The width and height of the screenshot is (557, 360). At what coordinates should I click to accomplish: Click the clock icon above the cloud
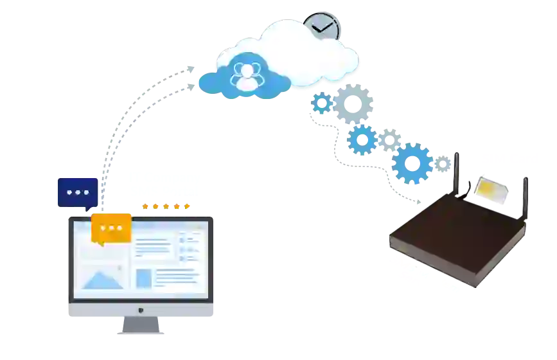[321, 28]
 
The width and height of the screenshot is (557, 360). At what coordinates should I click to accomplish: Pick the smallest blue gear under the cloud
[321, 103]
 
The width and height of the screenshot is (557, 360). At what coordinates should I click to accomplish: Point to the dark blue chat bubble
[77, 192]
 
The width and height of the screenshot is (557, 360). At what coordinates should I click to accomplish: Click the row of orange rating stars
[165, 206]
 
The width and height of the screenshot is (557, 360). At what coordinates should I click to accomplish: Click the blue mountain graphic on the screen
[103, 279]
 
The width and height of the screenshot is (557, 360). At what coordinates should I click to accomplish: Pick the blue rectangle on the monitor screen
[144, 278]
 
